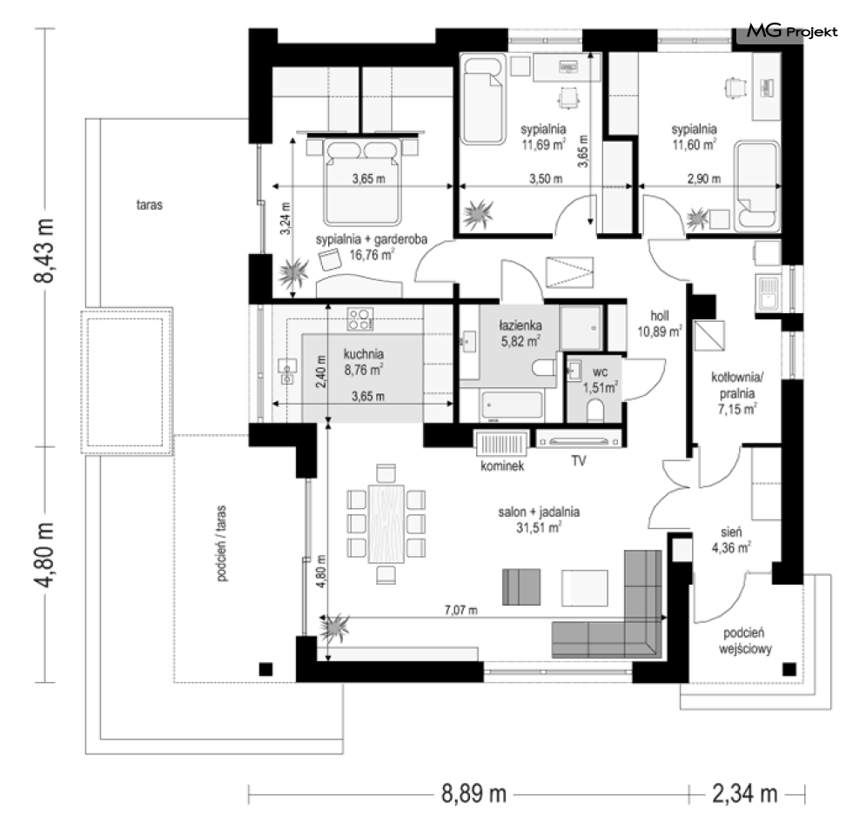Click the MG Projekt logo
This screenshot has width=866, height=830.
792,31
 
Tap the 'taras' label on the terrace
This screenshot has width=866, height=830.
149,204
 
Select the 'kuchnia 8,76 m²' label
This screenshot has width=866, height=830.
364,362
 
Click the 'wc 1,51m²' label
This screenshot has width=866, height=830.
600,380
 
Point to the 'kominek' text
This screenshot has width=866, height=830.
502,466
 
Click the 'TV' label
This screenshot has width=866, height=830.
578,460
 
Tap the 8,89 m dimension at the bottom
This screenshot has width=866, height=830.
473,794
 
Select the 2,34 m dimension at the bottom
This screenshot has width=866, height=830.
744,794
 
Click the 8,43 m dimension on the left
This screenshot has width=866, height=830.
44,251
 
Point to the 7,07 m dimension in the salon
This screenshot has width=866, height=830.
461,610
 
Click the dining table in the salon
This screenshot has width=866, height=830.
386,524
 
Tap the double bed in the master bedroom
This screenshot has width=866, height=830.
362,181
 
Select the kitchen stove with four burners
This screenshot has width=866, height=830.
359,319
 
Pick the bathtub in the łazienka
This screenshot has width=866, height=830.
512,405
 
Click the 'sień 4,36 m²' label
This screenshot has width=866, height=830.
731,539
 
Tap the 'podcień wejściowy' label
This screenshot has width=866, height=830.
744,640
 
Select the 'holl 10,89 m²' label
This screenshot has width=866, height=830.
660,324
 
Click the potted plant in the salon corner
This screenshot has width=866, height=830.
335,628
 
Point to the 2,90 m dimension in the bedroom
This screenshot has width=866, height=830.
703,179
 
